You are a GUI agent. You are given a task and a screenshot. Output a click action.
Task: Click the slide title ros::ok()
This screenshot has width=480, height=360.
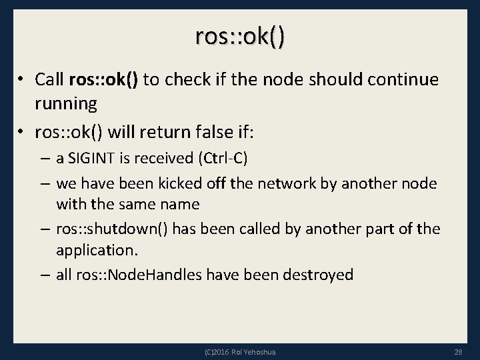coord(240,37)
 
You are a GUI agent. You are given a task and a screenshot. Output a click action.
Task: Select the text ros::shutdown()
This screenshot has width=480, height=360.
coord(112,229)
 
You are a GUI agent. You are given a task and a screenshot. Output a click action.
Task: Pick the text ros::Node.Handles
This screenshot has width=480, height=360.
coord(136,275)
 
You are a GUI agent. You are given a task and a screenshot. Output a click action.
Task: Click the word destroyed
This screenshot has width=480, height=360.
coord(317,275)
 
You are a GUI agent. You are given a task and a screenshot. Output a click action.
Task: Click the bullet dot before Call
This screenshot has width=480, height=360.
coord(21,80)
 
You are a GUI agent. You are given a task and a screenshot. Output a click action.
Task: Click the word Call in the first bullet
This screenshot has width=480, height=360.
coord(49,80)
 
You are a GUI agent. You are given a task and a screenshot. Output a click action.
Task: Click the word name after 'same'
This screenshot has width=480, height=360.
coord(175,205)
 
